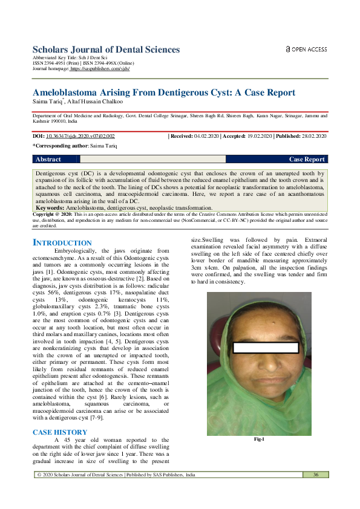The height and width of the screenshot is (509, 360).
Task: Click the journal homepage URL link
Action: [x=100, y=69]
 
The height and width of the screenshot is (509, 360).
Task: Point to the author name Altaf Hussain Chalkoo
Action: [x=93, y=102]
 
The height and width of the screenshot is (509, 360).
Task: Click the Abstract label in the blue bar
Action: [x=48, y=160]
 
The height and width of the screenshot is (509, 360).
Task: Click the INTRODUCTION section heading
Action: [x=62, y=242]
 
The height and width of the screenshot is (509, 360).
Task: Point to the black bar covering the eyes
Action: [x=266, y=348]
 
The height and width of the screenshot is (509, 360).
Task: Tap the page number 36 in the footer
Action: [x=316, y=475]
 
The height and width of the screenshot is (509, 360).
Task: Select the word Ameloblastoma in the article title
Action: [x=70, y=92]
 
